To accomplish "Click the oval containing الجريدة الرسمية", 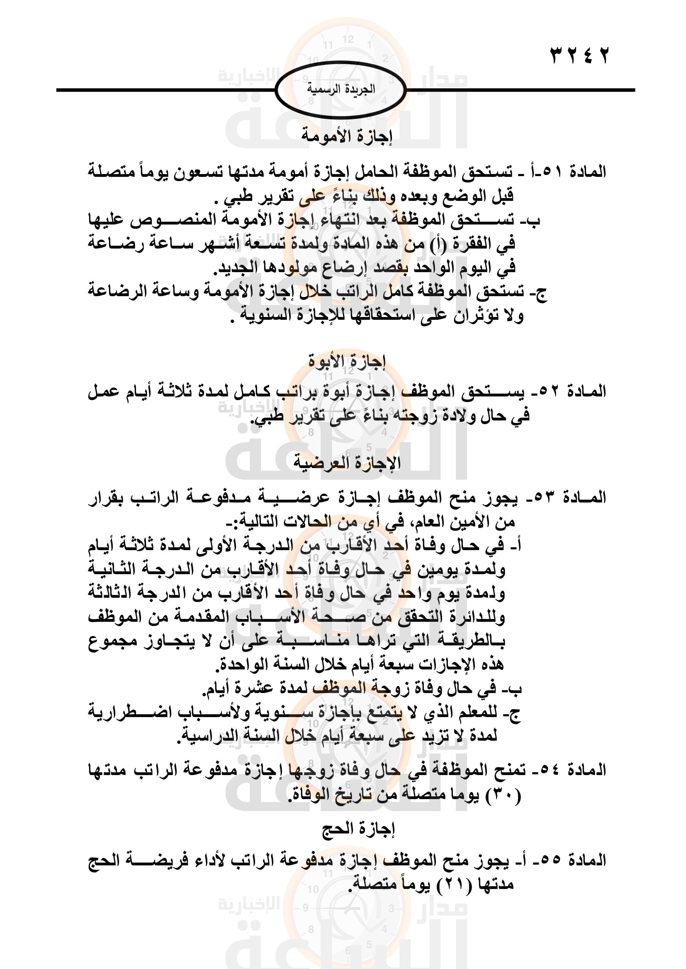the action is (x=341, y=89).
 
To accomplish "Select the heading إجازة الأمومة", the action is (x=347, y=136).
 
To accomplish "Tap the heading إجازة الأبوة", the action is (x=347, y=362).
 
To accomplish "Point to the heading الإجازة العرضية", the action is (x=347, y=463).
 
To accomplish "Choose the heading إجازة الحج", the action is (x=358, y=829).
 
